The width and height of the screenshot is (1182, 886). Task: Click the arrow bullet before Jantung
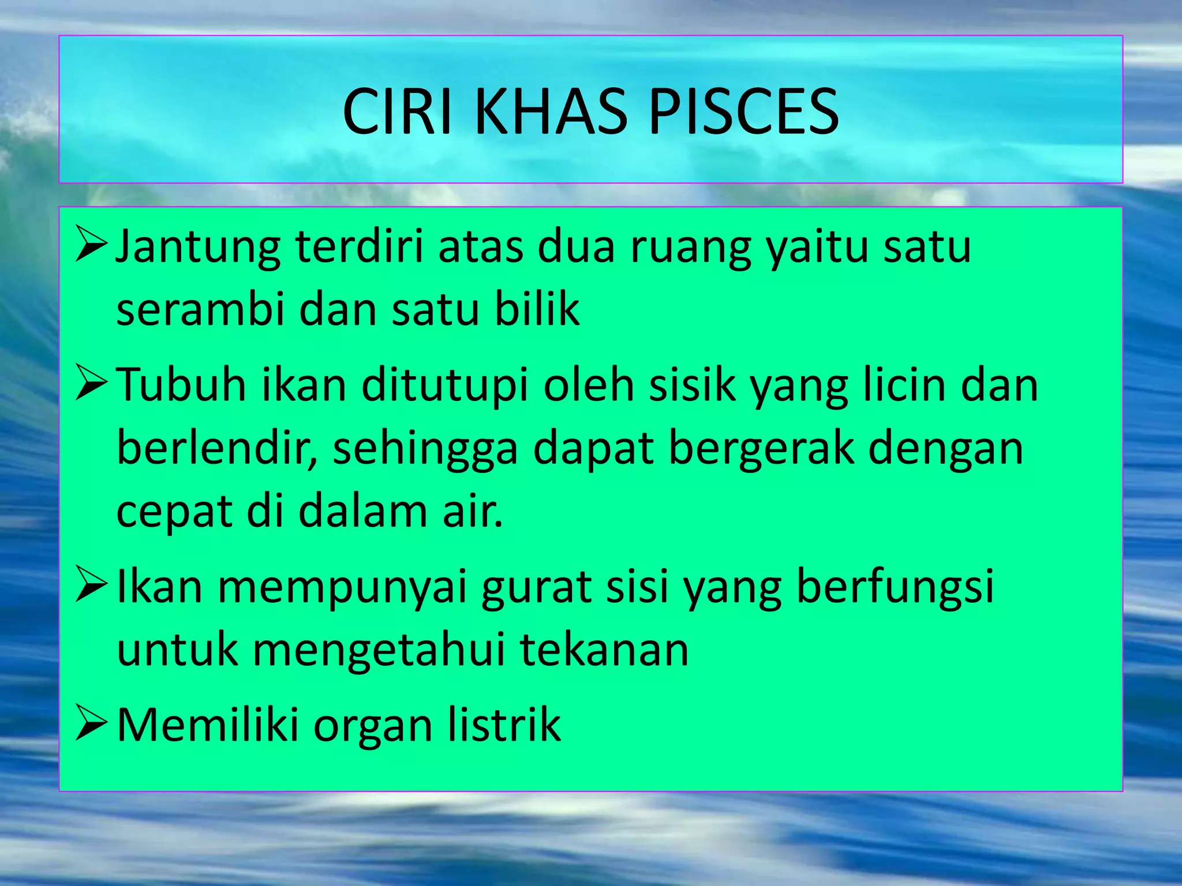91,245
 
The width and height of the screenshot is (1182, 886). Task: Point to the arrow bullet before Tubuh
91,384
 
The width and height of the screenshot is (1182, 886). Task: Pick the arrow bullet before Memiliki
91,724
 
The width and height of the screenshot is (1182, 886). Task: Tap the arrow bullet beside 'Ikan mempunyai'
91,585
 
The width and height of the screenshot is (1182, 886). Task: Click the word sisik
692,385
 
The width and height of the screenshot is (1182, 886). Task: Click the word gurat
537,587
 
